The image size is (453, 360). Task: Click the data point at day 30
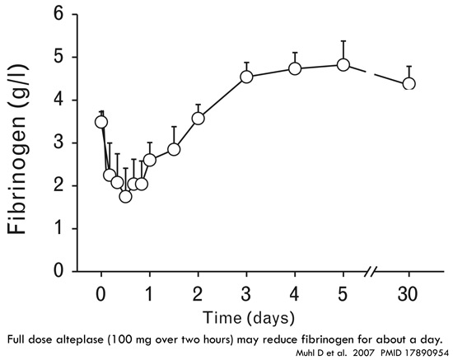pos(409,83)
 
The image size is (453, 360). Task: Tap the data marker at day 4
pos(295,68)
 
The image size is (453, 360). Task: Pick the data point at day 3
pos(246,77)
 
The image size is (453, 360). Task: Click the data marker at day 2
pos(198,118)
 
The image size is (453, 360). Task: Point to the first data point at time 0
pos(101,122)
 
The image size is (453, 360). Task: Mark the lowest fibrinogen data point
pos(125,196)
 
